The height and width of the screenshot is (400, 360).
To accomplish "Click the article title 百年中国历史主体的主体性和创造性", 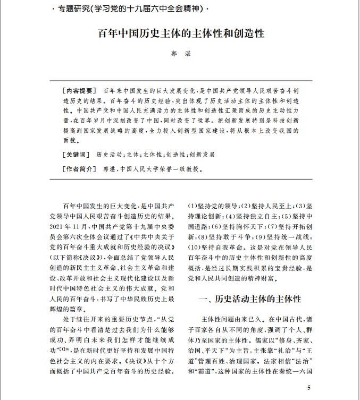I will click(x=181, y=33).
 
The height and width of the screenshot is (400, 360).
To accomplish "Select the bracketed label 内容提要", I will click(x=79, y=90).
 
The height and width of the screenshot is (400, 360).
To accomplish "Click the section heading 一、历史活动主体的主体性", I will click(x=249, y=299).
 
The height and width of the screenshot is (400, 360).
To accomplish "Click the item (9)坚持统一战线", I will click(x=289, y=236).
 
